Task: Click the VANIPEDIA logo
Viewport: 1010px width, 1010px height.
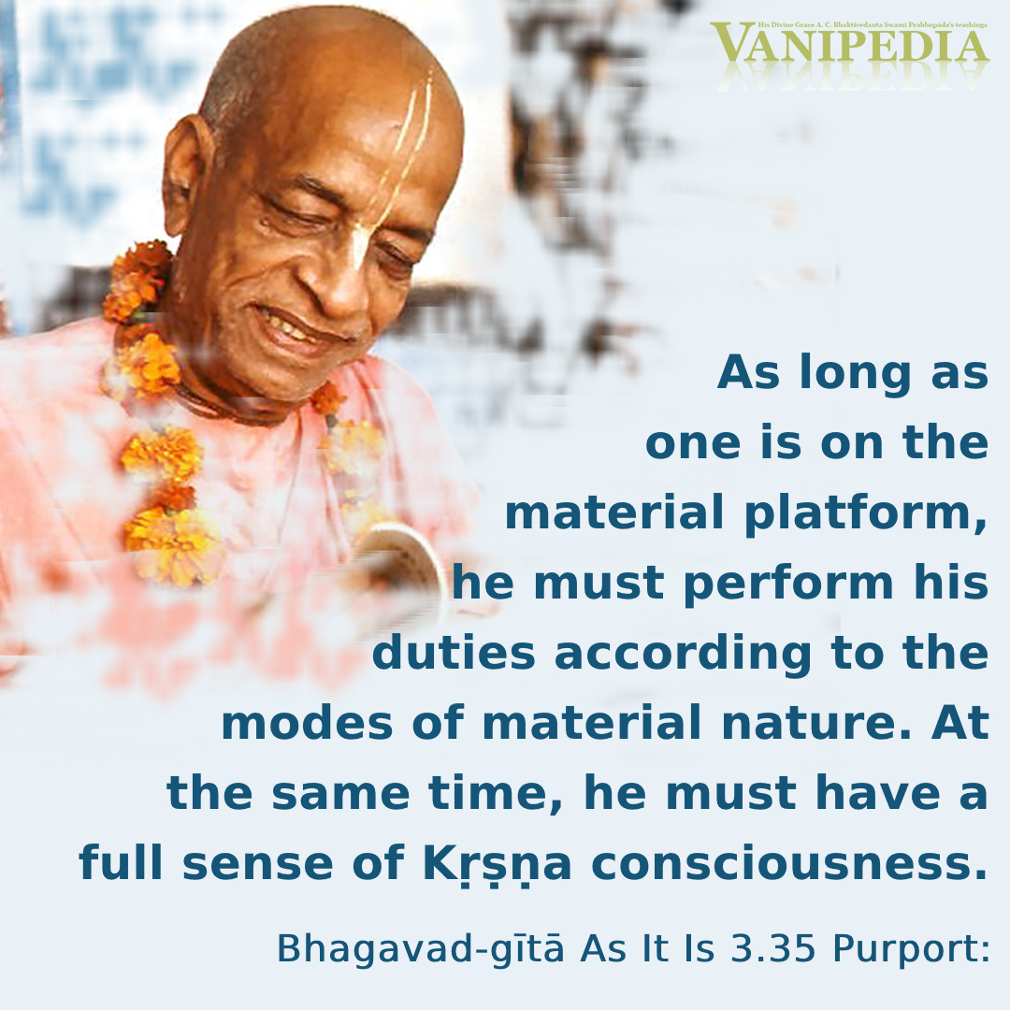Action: click(x=849, y=44)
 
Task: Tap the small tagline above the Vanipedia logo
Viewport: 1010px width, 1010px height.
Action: click(x=873, y=24)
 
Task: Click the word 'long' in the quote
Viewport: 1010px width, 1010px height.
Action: click(x=856, y=373)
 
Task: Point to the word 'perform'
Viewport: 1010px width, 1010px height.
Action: click(x=788, y=584)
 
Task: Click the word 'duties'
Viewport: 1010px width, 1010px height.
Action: click(x=454, y=653)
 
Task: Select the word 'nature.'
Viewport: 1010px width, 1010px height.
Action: click(x=816, y=723)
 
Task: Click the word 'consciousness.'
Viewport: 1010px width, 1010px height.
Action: click(x=789, y=863)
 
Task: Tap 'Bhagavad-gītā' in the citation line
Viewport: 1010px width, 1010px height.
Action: click(x=421, y=949)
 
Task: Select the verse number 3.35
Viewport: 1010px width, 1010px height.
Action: click(x=773, y=948)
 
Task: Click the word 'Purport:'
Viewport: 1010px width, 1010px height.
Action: click(x=911, y=949)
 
